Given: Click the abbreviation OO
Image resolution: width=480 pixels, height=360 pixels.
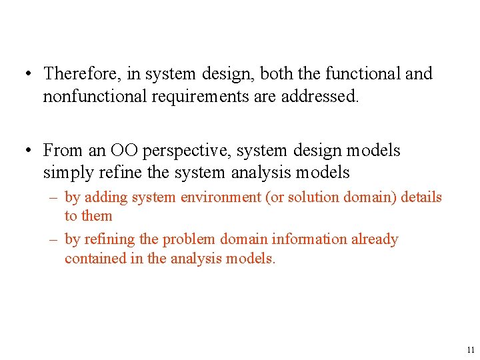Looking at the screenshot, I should pos(125,151).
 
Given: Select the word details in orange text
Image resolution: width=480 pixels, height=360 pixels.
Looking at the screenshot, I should pos(423,197).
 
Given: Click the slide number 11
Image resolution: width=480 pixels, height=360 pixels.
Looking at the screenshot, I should pos(471,350).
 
